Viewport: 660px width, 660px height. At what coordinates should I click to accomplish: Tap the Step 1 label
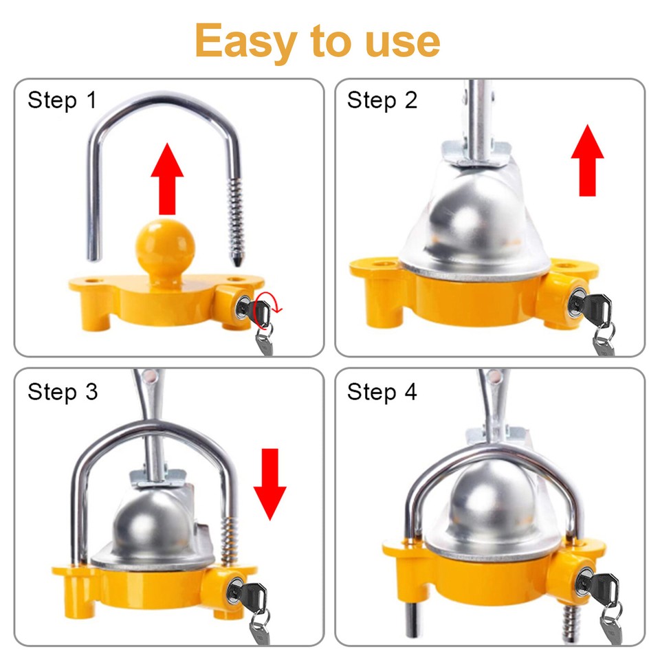point(62,100)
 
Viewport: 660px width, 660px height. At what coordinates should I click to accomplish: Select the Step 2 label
point(382,100)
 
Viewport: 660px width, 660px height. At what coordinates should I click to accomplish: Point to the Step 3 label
point(62,392)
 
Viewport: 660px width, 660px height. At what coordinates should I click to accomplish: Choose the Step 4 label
point(382,392)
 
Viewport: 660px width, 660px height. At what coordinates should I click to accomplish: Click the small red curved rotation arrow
point(263,313)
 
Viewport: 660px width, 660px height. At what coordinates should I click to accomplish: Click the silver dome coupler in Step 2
point(467,220)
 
